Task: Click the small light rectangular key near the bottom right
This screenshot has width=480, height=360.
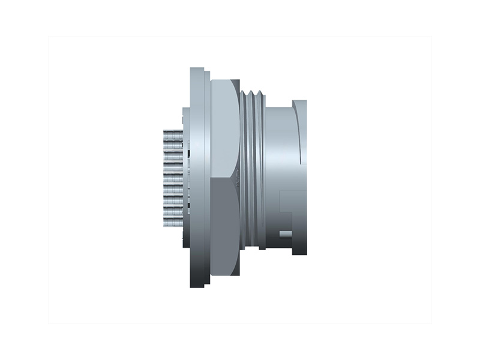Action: coord(286,233)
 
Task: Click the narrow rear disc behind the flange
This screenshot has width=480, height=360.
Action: coord(186,180)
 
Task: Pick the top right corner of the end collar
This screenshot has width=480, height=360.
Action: coord(306,101)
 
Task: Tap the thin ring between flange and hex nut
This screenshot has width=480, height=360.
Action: coord(208,180)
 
